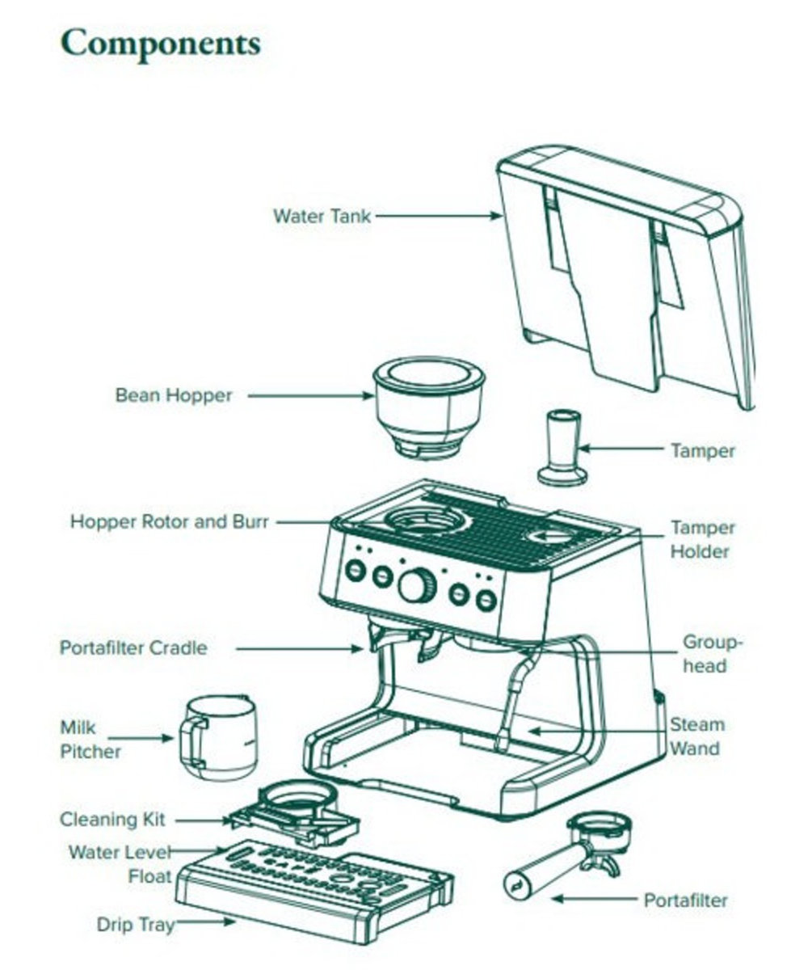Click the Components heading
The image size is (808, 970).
[x=161, y=44]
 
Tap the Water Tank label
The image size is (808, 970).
[x=322, y=217]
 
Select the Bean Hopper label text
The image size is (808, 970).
[x=173, y=396]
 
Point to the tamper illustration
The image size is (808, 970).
[x=563, y=449]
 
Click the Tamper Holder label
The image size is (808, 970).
[x=702, y=540]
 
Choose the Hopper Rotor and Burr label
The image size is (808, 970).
[x=169, y=521]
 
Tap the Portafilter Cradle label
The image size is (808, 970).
[x=133, y=648]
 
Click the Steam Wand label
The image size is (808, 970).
[x=696, y=736]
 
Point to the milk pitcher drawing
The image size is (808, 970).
[x=218, y=737]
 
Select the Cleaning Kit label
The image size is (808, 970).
[x=112, y=820]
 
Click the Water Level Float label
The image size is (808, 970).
[x=121, y=863]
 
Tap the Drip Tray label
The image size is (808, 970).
[x=135, y=925]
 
